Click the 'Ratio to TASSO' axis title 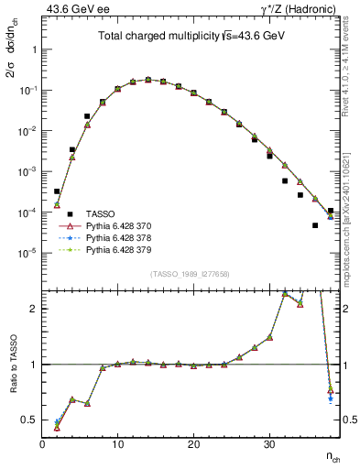[x=12, y=364]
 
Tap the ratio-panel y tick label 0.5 [x=29, y=420]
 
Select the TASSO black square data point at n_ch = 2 [x=57, y=191]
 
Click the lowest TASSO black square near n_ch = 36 [x=315, y=225]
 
